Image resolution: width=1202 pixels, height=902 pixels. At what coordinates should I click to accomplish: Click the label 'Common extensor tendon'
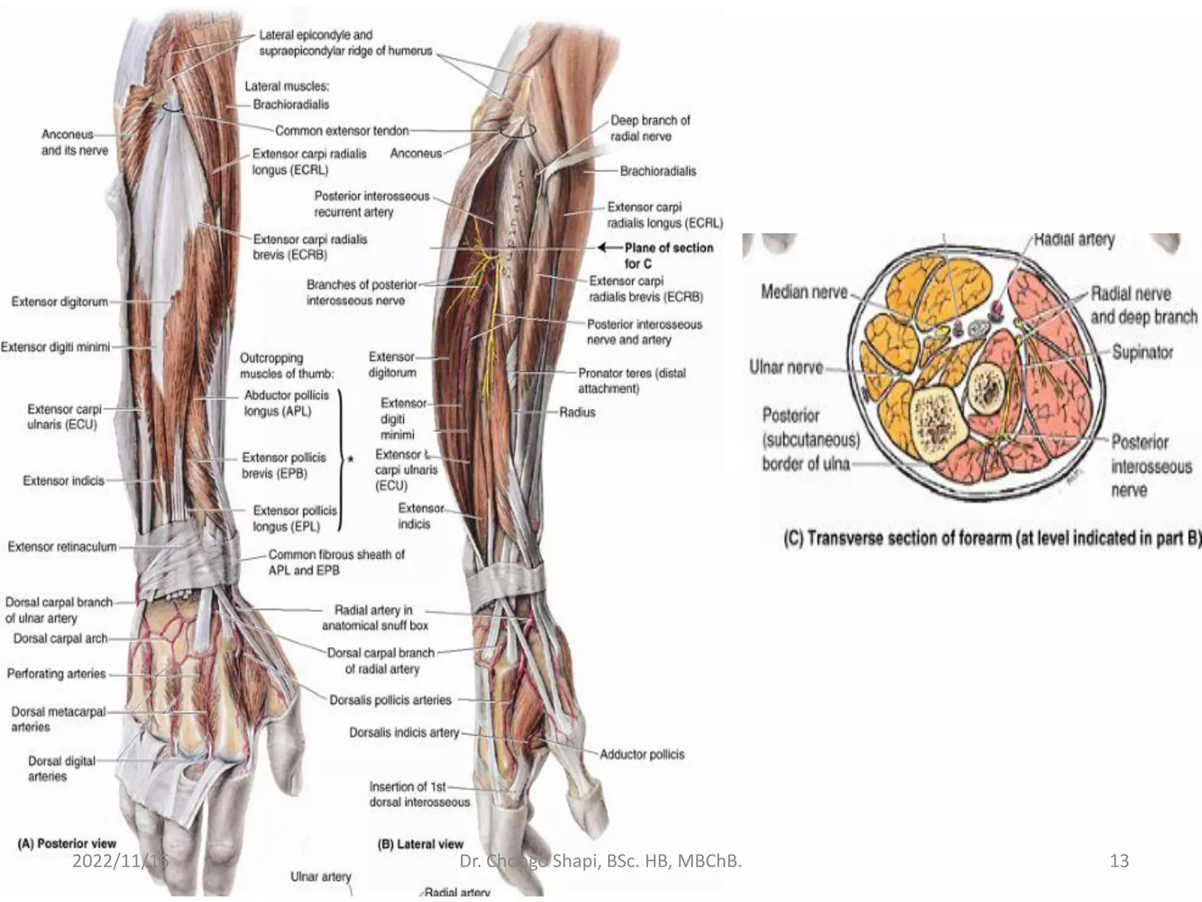coord(342,131)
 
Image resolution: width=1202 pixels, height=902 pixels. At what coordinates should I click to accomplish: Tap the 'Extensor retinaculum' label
coord(62,547)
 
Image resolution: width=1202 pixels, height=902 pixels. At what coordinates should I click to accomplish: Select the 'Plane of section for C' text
coord(668,255)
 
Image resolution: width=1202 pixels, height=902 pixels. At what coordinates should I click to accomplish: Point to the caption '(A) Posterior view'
coord(67,843)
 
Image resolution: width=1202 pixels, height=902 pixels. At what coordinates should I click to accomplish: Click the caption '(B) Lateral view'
coord(420,844)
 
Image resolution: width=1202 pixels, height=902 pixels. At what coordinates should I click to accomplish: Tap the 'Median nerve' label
coord(804,292)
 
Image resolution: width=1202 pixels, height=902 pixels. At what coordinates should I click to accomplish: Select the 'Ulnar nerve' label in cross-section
coord(786,368)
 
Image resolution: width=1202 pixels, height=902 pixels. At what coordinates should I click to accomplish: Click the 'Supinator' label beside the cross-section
coord(1142,352)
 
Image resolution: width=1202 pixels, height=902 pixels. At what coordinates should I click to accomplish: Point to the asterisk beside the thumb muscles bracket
coord(350,459)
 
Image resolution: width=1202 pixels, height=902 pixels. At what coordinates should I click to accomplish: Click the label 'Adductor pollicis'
coord(641,755)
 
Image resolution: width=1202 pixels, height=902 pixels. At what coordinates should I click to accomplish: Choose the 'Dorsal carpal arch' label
coord(60,638)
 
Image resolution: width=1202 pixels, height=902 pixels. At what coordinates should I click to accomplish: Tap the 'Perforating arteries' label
coord(56,674)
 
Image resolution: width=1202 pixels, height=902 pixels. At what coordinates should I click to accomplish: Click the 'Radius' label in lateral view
coord(577,412)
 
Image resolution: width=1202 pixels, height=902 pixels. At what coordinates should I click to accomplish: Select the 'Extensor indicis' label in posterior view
coord(63,481)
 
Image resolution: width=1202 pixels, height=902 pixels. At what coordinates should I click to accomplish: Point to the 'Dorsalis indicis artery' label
coord(404,733)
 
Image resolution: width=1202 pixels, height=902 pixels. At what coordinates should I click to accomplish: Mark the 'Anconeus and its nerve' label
coord(75,143)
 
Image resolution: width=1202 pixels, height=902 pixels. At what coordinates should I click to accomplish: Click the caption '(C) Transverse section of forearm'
coord(992,538)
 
